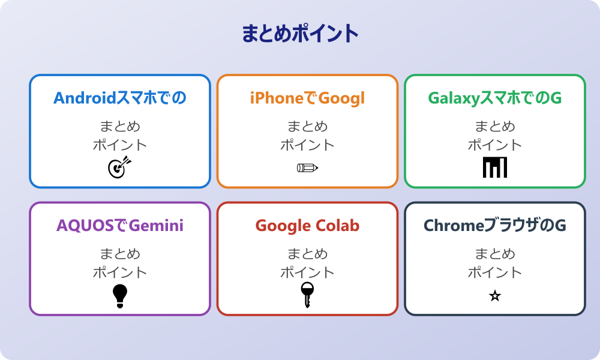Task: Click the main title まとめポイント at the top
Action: (x=300, y=34)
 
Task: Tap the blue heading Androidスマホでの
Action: (x=120, y=98)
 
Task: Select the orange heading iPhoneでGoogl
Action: (x=307, y=98)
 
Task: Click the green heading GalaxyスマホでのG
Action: (x=495, y=98)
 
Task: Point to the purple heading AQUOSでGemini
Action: (x=120, y=226)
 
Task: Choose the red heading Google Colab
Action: (x=307, y=226)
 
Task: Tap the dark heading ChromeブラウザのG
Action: (x=495, y=226)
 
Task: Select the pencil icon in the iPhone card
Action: (x=307, y=167)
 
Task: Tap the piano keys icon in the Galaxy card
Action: (x=495, y=167)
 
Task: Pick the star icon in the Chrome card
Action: (x=495, y=296)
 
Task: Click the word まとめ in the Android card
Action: (x=120, y=127)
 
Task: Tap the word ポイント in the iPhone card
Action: (x=307, y=145)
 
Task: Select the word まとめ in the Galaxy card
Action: (x=495, y=127)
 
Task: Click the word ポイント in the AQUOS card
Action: (x=120, y=272)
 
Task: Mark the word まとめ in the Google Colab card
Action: (x=307, y=254)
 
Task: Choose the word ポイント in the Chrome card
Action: (x=495, y=272)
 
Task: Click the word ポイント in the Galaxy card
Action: (x=495, y=145)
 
